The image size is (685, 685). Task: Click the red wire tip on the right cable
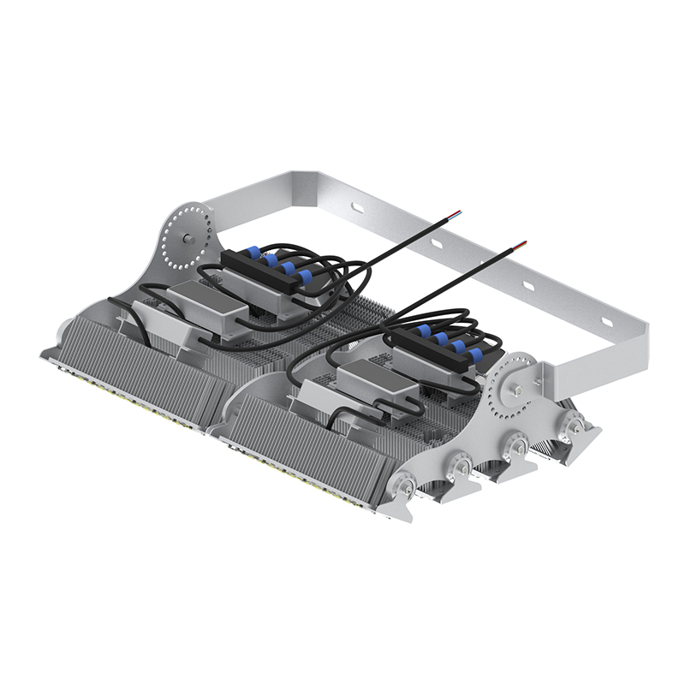(x=523, y=243)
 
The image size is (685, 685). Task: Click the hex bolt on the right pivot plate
(x=518, y=391)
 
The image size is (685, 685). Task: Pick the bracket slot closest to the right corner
(x=606, y=321)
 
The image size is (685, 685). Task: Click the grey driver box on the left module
(x=205, y=305)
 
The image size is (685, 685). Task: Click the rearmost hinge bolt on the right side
(x=575, y=423)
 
